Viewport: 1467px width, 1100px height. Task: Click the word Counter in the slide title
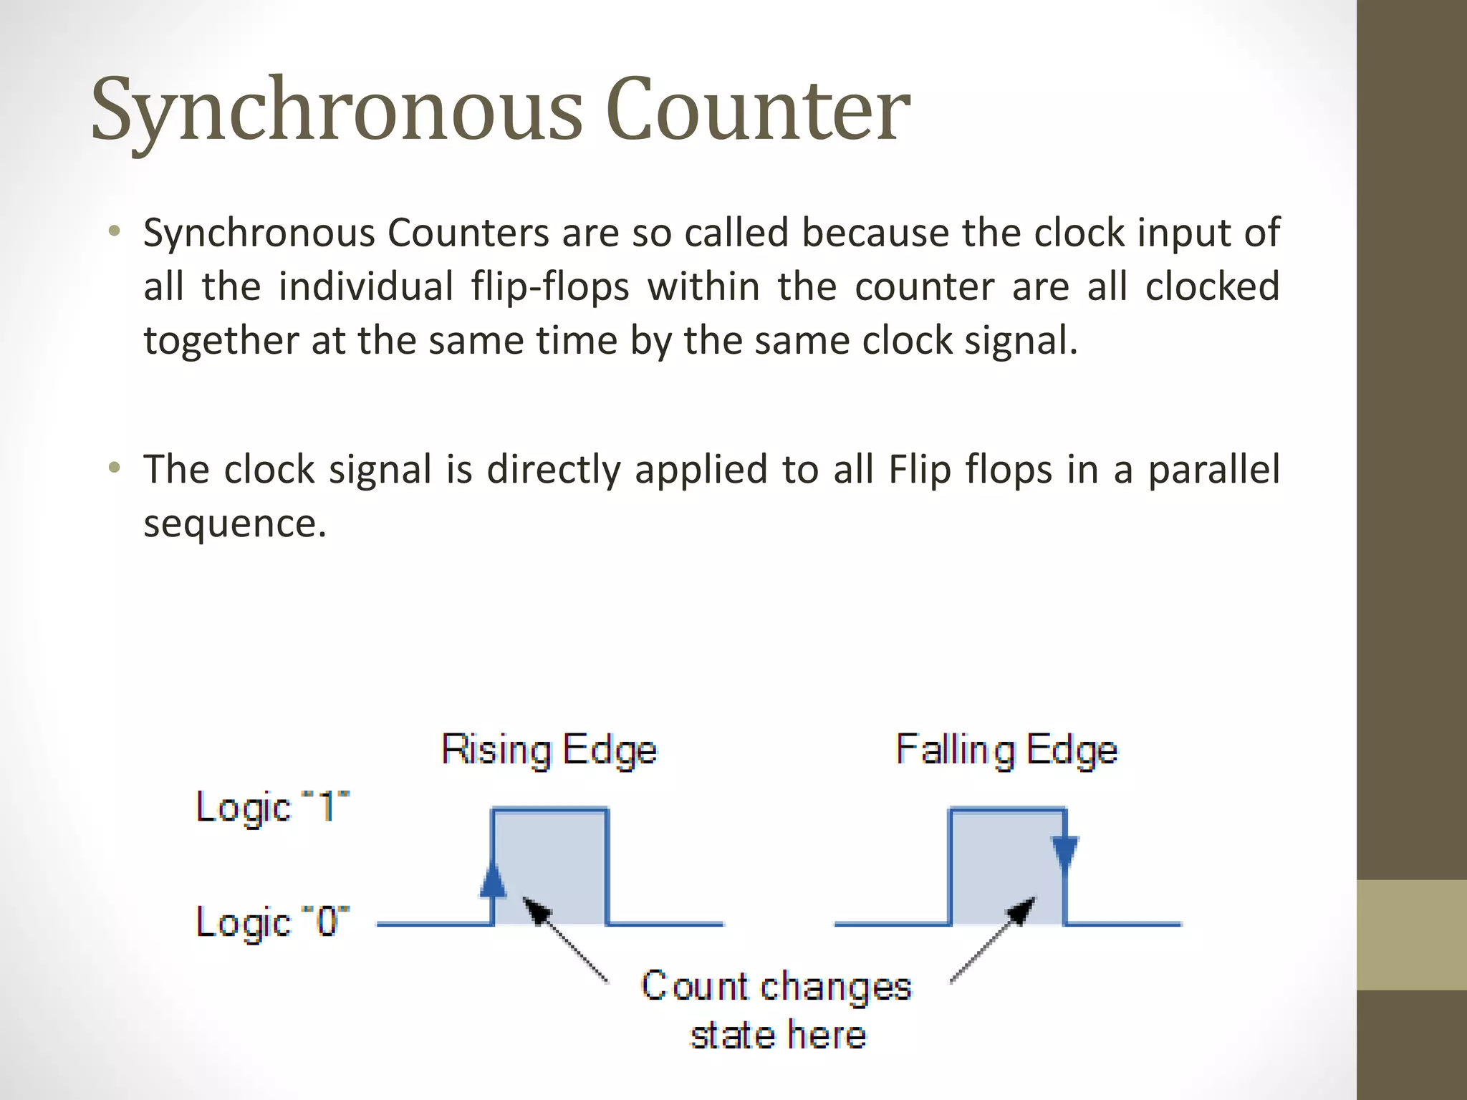758,109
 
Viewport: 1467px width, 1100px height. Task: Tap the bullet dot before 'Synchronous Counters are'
114,231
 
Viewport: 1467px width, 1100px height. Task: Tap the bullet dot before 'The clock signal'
114,468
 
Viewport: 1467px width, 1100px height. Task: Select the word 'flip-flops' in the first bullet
550,287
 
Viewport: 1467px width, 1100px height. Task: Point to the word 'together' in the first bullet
221,341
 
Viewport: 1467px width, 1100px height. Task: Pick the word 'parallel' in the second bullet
1213,470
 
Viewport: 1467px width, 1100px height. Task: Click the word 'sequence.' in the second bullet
235,524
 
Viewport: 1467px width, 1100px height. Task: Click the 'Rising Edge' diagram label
549,751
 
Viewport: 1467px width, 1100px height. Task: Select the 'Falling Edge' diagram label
1006,751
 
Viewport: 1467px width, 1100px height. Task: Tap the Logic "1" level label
273,808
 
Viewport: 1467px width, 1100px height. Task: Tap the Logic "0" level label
273,922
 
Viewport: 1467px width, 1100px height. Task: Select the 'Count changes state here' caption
776,1010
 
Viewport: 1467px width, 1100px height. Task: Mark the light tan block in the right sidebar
1412,935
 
